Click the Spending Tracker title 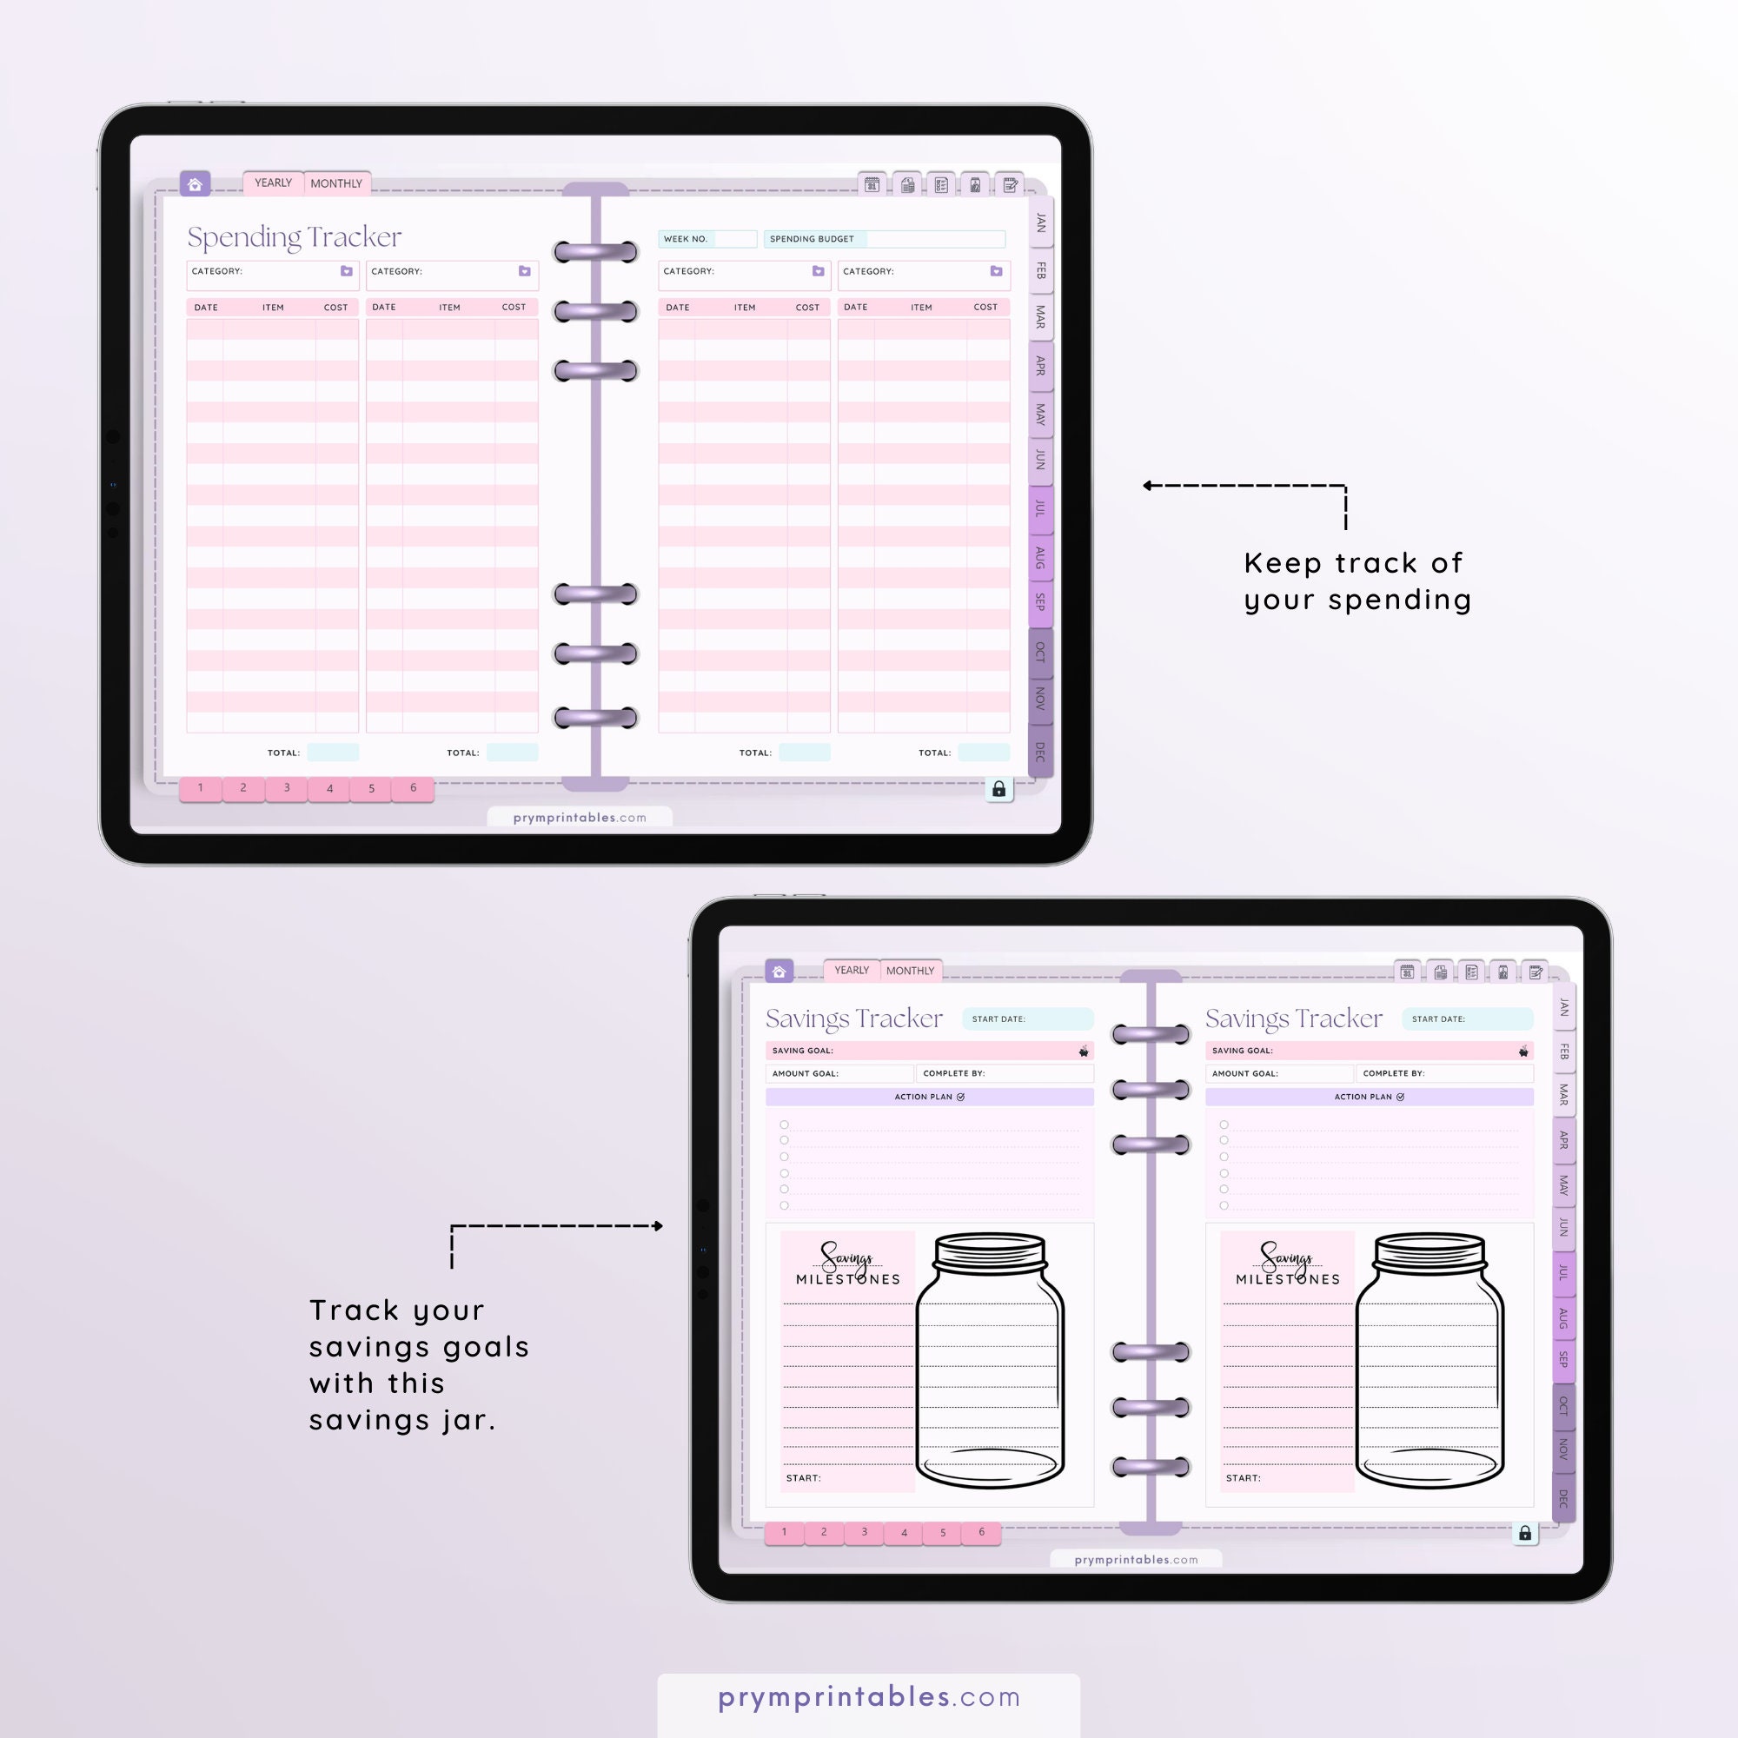(x=295, y=236)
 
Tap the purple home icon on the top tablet (x=195, y=184)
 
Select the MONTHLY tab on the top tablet (x=335, y=183)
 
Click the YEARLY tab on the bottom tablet (x=851, y=971)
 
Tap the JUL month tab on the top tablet (x=1040, y=509)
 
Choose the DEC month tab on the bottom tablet (x=1563, y=1499)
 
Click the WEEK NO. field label (x=686, y=239)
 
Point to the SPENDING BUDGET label (x=812, y=239)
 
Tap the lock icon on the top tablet (x=998, y=789)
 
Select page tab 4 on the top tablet (x=329, y=789)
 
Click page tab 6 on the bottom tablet (x=981, y=1532)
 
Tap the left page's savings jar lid (x=990, y=1250)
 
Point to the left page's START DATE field (x=1027, y=1018)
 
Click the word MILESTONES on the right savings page (x=1287, y=1279)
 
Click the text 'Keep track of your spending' (x=1357, y=581)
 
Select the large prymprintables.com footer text (x=869, y=1696)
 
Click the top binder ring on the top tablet (x=595, y=252)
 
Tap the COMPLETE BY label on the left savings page (x=953, y=1073)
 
